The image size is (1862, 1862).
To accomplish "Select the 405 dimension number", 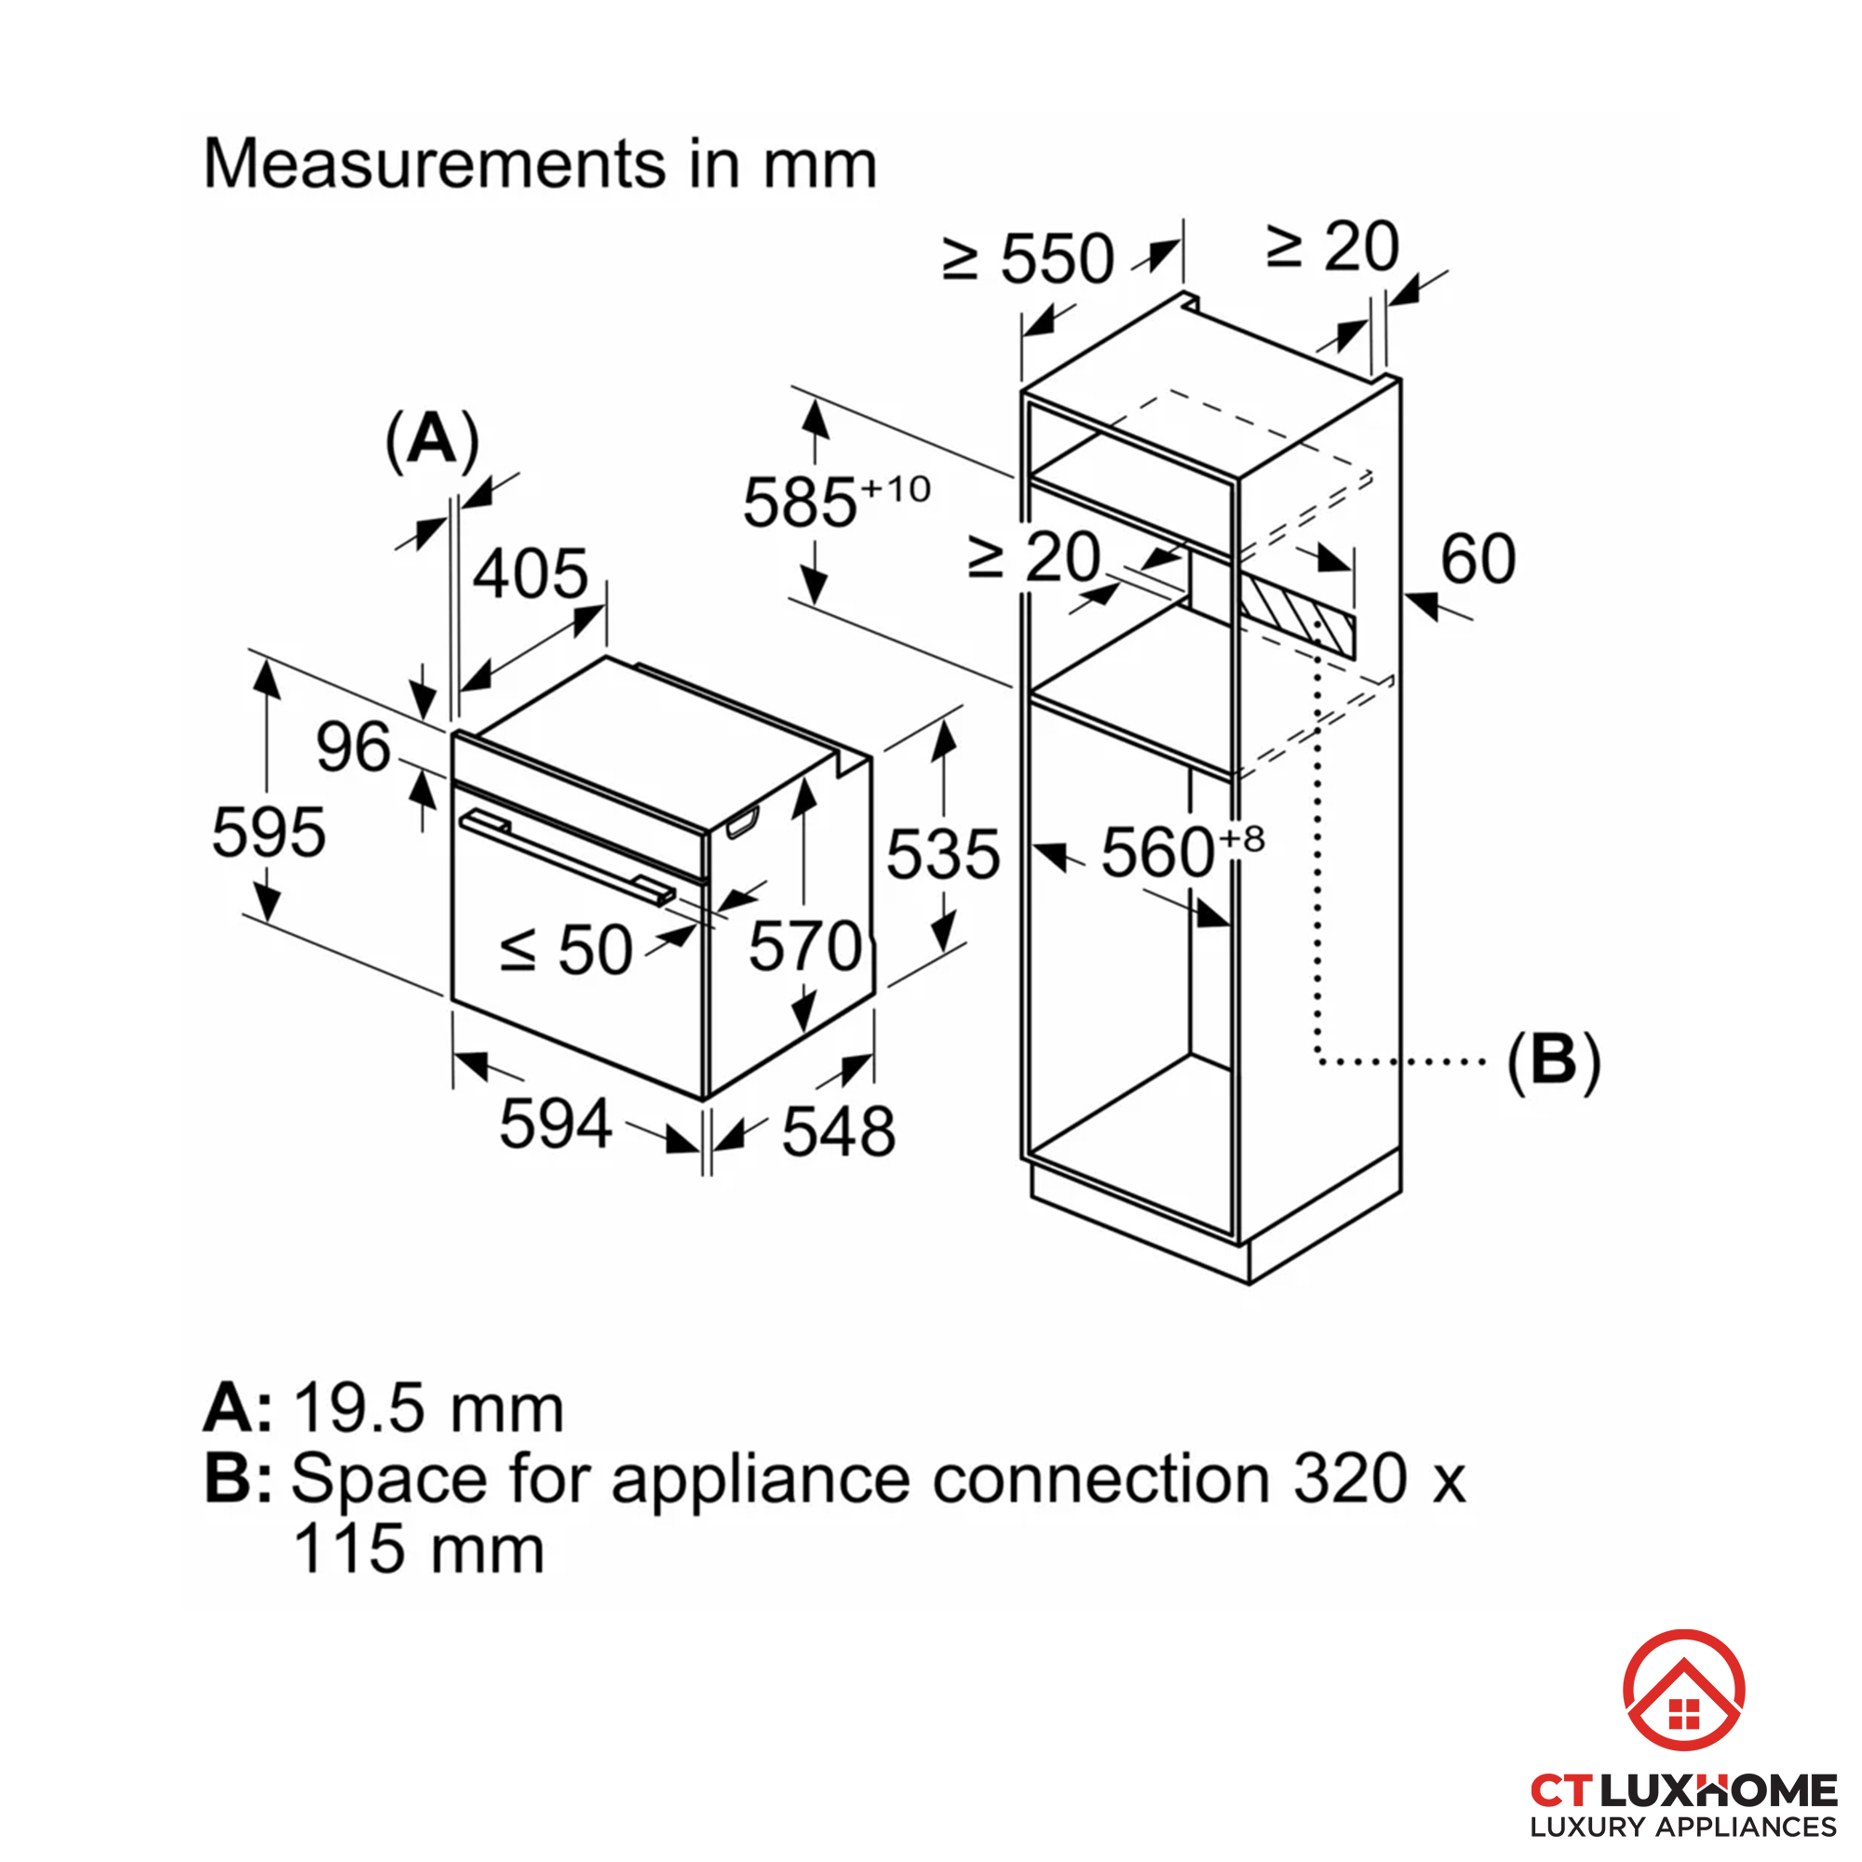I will pos(530,573).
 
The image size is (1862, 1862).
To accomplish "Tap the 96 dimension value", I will pos(353,747).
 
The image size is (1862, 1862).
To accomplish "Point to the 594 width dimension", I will pos(555,1124).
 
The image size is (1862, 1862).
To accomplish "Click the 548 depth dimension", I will pos(839,1131).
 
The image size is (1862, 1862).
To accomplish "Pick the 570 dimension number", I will pos(804,947).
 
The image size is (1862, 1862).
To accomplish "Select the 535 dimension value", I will pos(942,854).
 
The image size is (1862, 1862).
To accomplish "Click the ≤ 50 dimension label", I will pos(567,951).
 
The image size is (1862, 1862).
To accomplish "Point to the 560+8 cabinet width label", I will pos(1181,851).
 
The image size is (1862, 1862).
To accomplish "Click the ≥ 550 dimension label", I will pos(1029,258).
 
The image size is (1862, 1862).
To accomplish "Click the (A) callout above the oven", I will pos(432,440).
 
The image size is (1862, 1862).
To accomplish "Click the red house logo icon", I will pos(1682,1690).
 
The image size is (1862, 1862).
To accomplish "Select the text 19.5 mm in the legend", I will pos(428,1409).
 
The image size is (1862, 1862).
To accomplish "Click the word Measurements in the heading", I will pos(434,163).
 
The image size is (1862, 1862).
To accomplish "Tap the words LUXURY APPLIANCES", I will pos(1682,1827).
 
